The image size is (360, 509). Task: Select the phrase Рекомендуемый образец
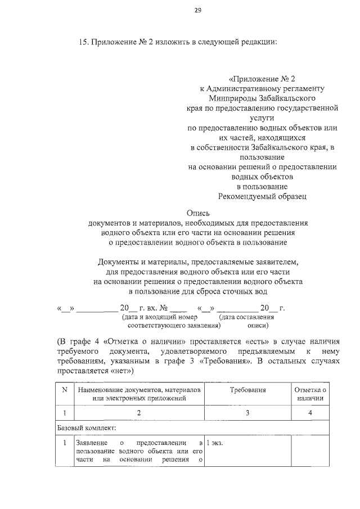(x=262, y=196)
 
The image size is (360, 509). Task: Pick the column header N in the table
(x=65, y=389)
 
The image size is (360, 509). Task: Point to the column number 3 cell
(x=247, y=413)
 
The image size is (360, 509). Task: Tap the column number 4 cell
(x=310, y=413)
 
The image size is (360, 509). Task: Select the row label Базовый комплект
(x=87, y=428)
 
